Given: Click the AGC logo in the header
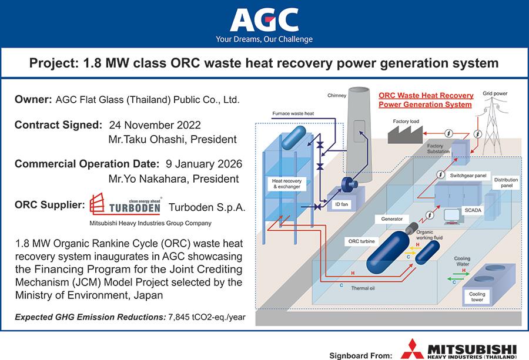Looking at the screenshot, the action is point(264,20).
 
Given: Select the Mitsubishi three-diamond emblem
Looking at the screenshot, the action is point(412,349).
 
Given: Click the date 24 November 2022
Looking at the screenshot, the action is point(155,125).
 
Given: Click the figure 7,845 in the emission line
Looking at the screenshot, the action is point(179,317).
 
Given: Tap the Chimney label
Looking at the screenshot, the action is point(337,95).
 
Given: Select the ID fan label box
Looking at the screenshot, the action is point(341,204).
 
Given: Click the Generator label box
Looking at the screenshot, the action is point(391,219).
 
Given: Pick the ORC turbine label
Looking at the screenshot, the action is point(361,241).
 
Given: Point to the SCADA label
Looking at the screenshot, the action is point(473,210).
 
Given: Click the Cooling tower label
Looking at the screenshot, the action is point(477,297).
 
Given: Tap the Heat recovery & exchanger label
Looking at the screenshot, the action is point(287,184).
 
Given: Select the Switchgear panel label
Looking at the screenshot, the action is point(468,176).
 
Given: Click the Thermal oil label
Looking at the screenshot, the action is point(363,288).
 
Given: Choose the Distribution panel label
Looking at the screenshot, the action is point(507,183).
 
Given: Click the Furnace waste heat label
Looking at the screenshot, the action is point(293,113).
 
